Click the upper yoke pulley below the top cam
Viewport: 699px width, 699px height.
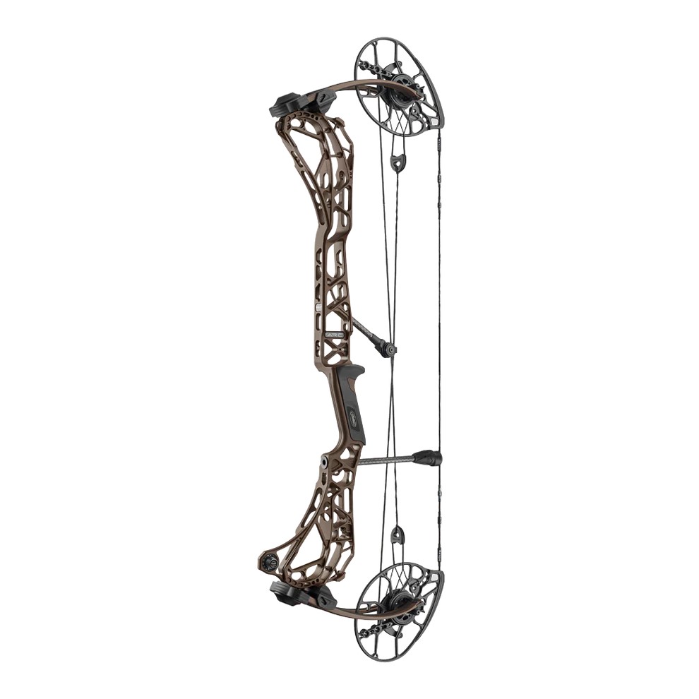[398, 162]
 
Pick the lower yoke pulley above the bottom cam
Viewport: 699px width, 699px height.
[398, 534]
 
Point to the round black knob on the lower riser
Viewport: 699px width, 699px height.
[269, 563]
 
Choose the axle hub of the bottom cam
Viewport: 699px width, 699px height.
[390, 605]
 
